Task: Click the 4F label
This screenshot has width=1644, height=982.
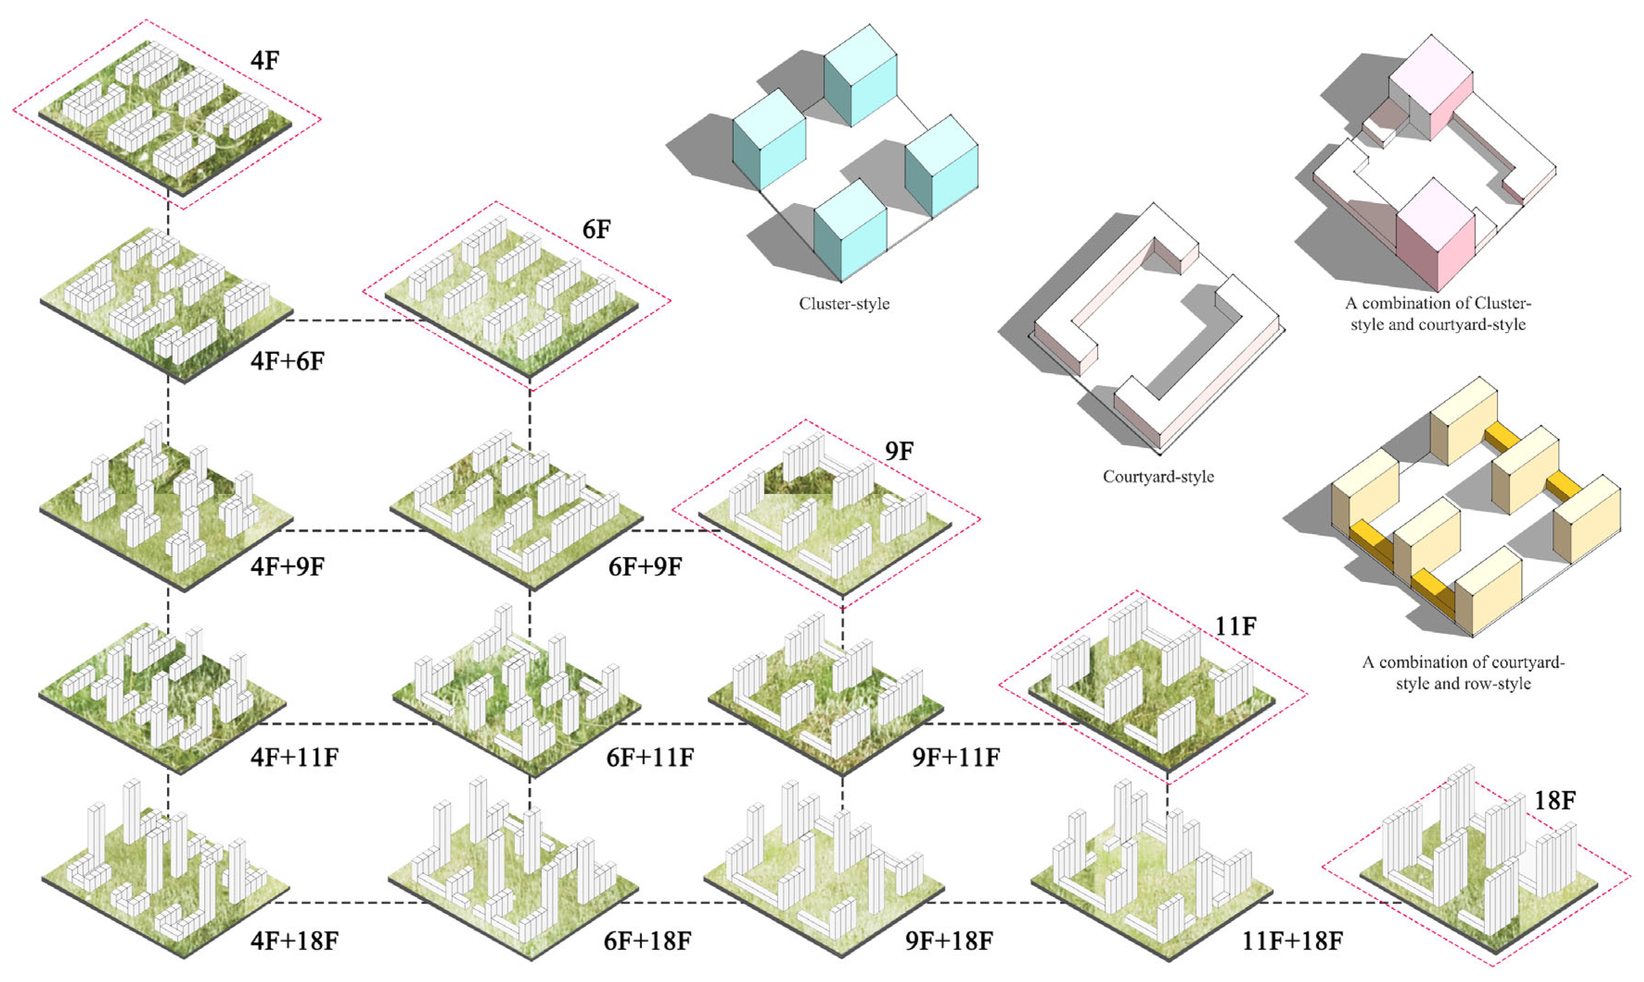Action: tap(265, 61)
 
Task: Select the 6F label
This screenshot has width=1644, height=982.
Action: tap(596, 230)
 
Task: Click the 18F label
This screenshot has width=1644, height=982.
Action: tap(1554, 801)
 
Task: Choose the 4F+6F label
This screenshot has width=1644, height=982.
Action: tap(287, 361)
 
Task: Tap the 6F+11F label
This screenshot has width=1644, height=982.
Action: tap(650, 757)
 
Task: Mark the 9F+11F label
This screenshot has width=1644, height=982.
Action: tap(956, 757)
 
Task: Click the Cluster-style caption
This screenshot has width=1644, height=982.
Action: tap(844, 304)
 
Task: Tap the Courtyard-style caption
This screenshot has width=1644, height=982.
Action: tap(1158, 476)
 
